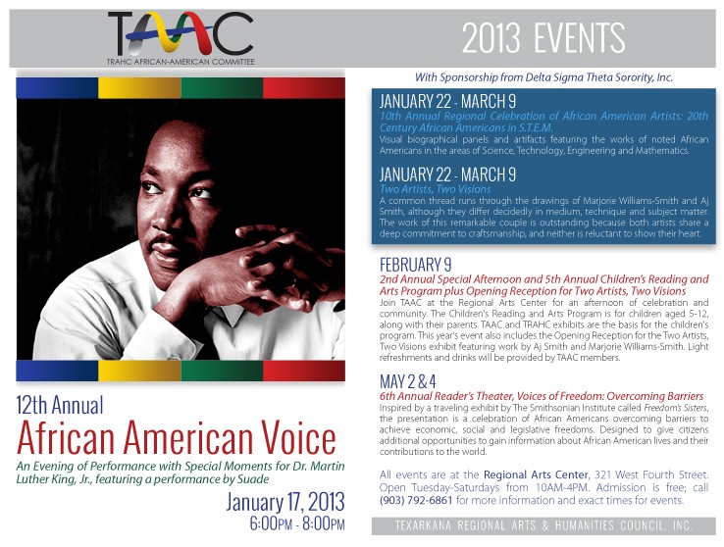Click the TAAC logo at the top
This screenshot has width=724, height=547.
181,38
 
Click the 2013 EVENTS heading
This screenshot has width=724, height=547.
543,39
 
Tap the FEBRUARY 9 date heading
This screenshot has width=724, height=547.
416,265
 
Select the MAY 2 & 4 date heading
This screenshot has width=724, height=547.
408,382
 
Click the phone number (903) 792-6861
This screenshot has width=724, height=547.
416,500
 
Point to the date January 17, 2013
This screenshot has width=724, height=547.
284,502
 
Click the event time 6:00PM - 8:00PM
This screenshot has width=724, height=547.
297,524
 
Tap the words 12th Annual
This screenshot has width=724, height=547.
60,406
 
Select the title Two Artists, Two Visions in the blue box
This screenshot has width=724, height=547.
435,189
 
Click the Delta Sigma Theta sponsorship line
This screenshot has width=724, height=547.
543,77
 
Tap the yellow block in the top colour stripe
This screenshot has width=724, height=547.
139,88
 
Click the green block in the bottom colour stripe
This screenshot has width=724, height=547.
222,371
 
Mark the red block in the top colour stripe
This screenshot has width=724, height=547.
304,88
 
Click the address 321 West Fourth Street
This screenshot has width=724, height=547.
651,474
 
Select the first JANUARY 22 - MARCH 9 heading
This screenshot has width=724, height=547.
447,102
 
